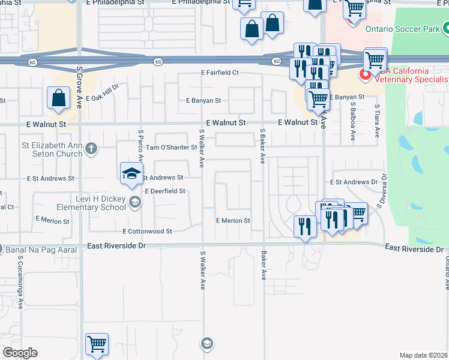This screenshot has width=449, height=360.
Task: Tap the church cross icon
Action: point(91,148)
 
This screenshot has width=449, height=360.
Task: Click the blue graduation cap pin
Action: point(131,174)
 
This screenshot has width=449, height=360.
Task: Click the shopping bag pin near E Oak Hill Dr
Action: point(59,99)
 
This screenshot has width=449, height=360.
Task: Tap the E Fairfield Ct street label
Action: point(220,73)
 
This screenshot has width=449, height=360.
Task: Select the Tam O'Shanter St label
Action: point(172,147)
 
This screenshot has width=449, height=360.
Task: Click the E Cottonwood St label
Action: point(147,231)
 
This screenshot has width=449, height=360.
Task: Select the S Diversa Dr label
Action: point(380,191)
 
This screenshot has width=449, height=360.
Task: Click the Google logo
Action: point(20,353)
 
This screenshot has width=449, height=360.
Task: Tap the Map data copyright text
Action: point(423,355)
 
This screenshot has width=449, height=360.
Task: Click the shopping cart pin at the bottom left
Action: point(96,344)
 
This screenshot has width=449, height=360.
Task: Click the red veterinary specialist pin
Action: point(364,75)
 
